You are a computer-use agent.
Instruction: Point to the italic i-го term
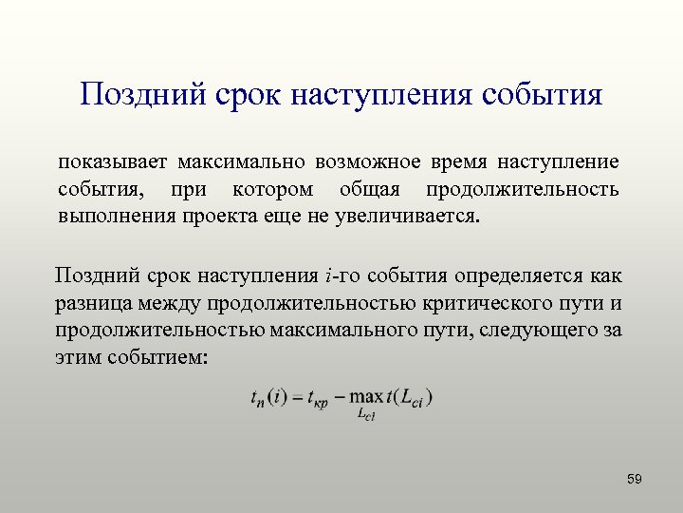point(339,276)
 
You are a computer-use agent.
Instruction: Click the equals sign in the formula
point(295,396)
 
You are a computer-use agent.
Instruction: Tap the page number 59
point(635,479)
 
